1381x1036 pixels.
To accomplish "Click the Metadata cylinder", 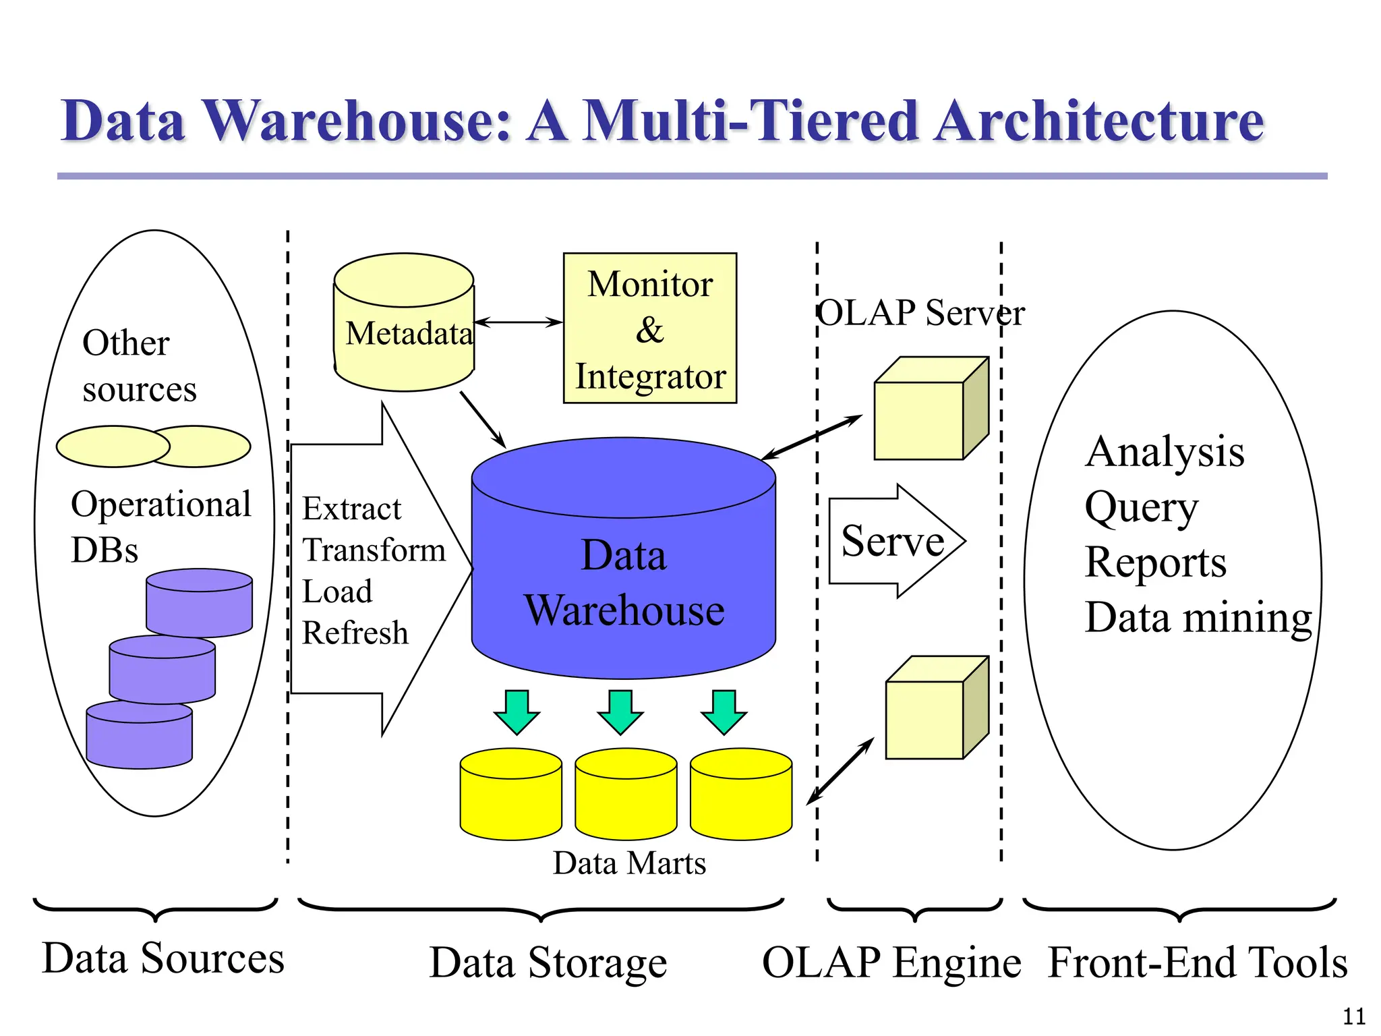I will click(x=404, y=324).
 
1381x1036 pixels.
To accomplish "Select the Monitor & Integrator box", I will click(x=649, y=328).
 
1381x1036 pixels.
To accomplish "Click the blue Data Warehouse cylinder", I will click(x=624, y=580).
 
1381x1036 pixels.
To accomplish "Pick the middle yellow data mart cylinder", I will click(x=626, y=795).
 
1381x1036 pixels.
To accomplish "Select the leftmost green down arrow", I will click(x=517, y=712).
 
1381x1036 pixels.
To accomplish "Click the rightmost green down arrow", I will click(x=724, y=712).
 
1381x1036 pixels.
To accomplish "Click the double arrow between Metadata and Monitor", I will click(x=518, y=322).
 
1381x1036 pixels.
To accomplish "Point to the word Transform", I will click(x=374, y=550).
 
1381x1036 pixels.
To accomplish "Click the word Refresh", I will click(x=355, y=633).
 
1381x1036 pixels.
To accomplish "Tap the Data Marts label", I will click(x=629, y=863).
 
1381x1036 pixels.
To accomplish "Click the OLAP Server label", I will click(x=921, y=313).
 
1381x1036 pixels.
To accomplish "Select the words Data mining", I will click(x=1198, y=617).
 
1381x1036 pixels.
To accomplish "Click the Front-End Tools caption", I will click(x=1198, y=962).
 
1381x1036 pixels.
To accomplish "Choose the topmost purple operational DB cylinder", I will click(x=199, y=602).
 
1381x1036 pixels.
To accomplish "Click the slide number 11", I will click(x=1354, y=1016).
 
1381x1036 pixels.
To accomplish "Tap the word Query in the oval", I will click(x=1141, y=507).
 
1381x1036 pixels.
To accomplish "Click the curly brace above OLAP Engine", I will click(x=914, y=909).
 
